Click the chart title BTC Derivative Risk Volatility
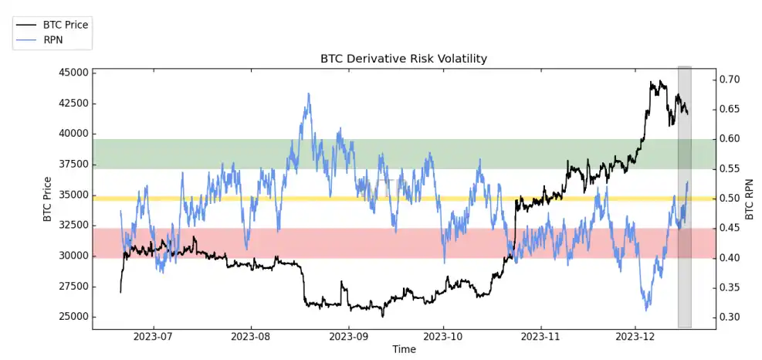click(404, 59)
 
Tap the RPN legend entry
click(54, 39)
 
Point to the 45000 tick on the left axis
click(73, 73)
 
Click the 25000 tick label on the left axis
click(73, 317)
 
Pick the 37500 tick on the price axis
click(73, 165)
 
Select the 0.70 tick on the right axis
click(730, 80)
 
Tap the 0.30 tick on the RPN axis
click(730, 317)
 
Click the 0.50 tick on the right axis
click(730, 199)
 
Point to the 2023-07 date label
click(153, 337)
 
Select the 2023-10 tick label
click(443, 337)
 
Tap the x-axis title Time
click(404, 349)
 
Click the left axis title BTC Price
click(48, 199)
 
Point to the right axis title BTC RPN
click(748, 199)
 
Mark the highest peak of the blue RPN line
click(309, 94)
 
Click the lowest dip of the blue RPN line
click(646, 310)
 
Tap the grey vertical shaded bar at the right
click(684, 197)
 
